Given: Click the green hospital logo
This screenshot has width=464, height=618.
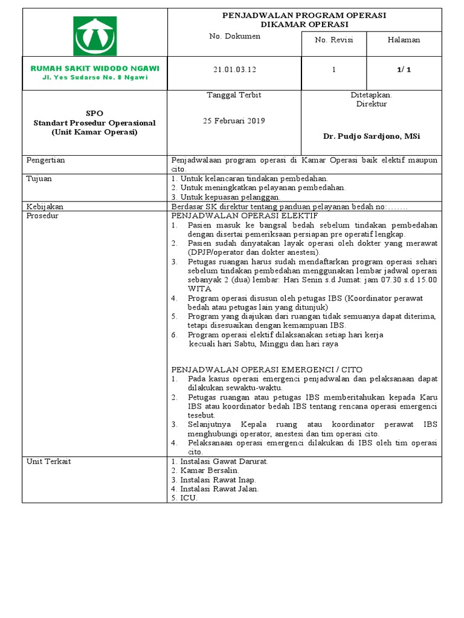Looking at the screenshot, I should [x=95, y=36].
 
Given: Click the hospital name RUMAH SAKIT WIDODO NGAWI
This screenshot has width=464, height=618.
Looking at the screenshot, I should [x=95, y=68].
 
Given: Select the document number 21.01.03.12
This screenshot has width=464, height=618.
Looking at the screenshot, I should [x=234, y=70].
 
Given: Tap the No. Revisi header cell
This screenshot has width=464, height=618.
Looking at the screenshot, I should [x=333, y=40].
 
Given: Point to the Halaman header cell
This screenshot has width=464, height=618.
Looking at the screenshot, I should [x=404, y=40].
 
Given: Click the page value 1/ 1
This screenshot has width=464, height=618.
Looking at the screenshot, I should [x=404, y=70].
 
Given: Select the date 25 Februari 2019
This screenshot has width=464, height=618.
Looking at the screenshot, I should [x=234, y=120].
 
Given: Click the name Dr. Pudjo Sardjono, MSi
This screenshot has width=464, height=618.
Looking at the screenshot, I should [x=372, y=136].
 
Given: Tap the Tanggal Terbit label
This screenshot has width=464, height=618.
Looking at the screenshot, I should [x=234, y=95].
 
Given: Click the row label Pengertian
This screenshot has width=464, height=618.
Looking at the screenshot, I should [x=45, y=161].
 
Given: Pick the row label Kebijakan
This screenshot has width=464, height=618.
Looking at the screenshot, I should [x=45, y=206].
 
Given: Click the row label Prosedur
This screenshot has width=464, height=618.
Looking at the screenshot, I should [x=42, y=215].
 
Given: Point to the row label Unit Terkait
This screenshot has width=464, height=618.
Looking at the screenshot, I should [x=48, y=461].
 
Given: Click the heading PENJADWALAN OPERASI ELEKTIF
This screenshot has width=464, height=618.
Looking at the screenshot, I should [x=245, y=215].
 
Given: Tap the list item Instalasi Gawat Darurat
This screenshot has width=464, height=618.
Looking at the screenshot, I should [x=224, y=462].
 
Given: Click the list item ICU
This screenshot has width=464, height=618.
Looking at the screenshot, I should [x=188, y=498].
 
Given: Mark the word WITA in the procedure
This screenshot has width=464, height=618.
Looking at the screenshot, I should [x=199, y=288].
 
